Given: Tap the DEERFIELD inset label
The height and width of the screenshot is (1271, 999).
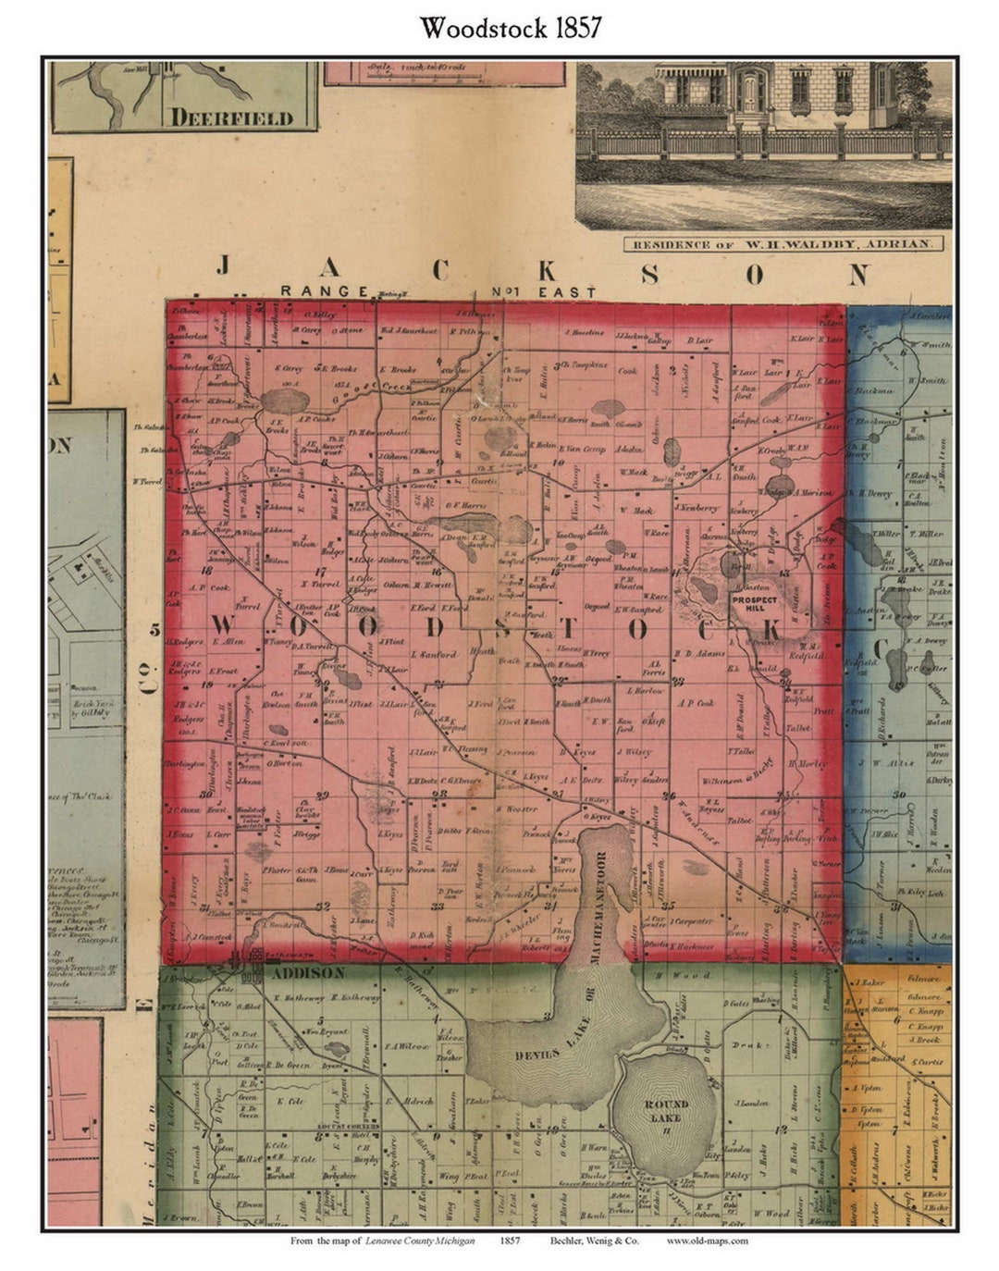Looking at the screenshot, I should click(x=231, y=117).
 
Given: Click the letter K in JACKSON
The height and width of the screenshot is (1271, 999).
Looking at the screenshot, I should click(x=547, y=272).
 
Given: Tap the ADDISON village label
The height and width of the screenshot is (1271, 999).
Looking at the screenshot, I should click(x=293, y=973).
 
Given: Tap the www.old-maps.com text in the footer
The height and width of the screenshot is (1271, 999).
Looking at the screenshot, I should click(x=707, y=1240).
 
